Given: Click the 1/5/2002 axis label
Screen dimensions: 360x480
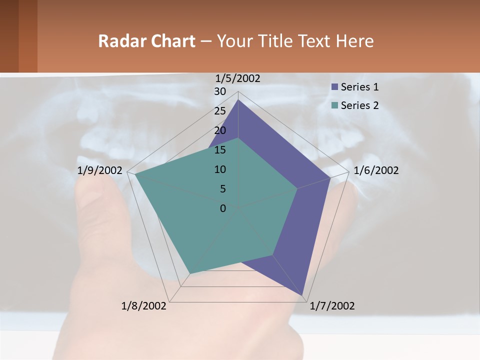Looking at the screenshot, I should pyautogui.click(x=237, y=78).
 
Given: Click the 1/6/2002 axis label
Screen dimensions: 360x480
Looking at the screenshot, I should pyautogui.click(x=376, y=170).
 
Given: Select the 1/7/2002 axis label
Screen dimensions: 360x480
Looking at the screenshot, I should pyautogui.click(x=332, y=306).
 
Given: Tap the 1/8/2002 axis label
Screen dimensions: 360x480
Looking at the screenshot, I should pyautogui.click(x=144, y=306).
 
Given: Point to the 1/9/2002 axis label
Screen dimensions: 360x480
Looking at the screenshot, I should pyautogui.click(x=100, y=170).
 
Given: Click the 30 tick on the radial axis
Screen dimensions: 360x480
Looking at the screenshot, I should pyautogui.click(x=220, y=91).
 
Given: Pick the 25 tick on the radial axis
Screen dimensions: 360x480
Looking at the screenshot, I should pyautogui.click(x=220, y=111).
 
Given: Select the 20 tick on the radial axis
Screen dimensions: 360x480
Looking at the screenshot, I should pyautogui.click(x=220, y=130).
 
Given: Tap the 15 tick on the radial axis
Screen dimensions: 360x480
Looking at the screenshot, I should pyautogui.click(x=220, y=150).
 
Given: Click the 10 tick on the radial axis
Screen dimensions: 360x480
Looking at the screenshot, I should pyautogui.click(x=220, y=169).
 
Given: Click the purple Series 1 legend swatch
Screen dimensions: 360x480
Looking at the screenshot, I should pyautogui.click(x=334, y=87).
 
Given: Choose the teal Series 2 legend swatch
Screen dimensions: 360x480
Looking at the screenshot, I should pyautogui.click(x=334, y=105).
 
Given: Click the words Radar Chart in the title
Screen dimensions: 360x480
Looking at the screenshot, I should pyautogui.click(x=146, y=41).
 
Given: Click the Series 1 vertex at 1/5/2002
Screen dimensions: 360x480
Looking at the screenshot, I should pyautogui.click(x=238, y=100).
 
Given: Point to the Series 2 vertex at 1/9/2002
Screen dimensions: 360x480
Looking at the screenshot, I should pyautogui.click(x=135, y=174).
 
